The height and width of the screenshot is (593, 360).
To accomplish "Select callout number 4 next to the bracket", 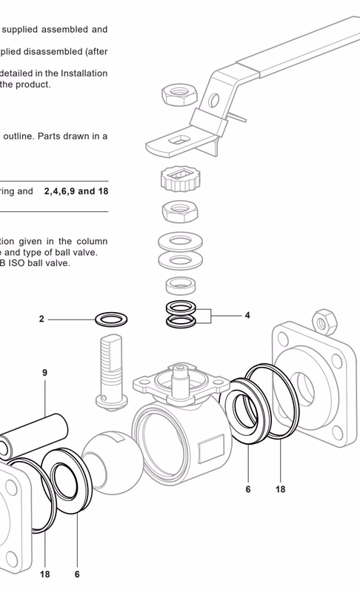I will pyautogui.click(x=247, y=314).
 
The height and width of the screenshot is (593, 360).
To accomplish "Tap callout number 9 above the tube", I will pyautogui.click(x=45, y=373).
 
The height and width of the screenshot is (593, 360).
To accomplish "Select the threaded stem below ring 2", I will pyautogui.click(x=112, y=371).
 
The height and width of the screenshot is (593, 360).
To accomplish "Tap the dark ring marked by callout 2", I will pyautogui.click(x=112, y=320).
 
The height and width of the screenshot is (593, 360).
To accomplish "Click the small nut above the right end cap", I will pyautogui.click(x=323, y=319).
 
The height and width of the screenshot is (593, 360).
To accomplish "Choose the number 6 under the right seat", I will pyautogui.click(x=248, y=489).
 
